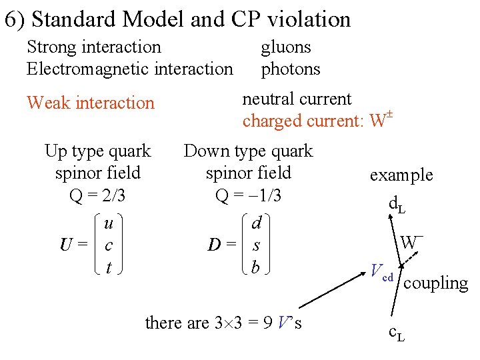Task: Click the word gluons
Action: point(285,47)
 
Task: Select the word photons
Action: point(290,69)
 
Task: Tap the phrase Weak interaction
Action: point(90,103)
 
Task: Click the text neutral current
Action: point(297,99)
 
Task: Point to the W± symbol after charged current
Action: point(379,121)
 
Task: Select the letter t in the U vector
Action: point(109,267)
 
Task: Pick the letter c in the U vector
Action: point(109,246)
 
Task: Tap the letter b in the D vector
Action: point(255,267)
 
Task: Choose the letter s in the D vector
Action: point(255,246)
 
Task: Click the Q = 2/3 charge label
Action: point(97,196)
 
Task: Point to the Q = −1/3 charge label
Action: point(248,196)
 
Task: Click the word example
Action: point(401,175)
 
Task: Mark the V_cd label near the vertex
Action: point(382,273)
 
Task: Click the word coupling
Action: point(436,283)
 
